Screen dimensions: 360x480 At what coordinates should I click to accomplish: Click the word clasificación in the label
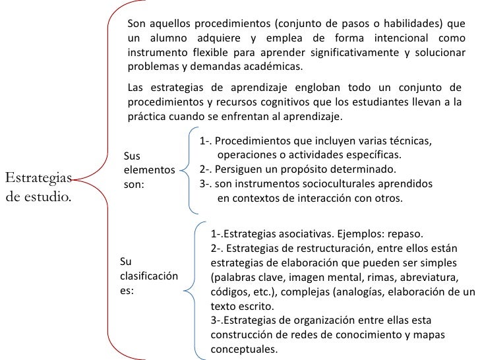coord(149,276)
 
